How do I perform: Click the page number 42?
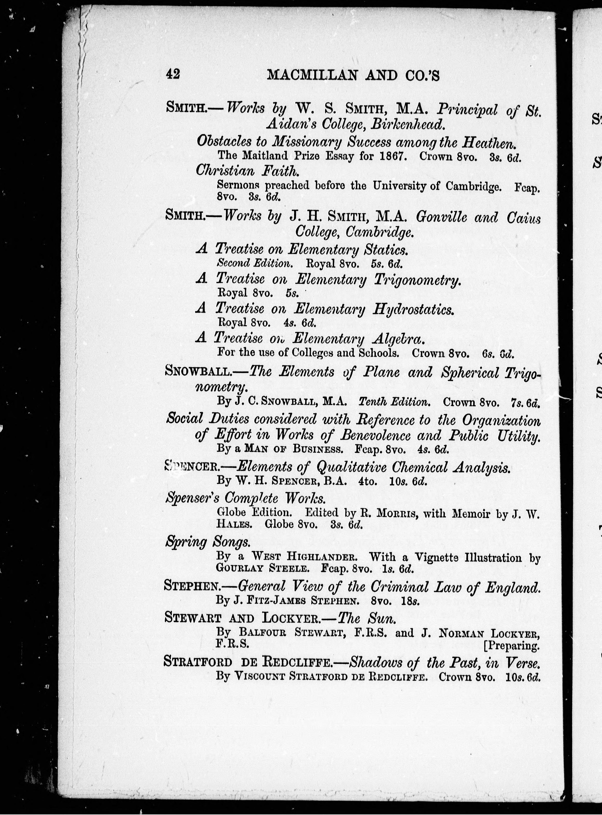pyautogui.click(x=173, y=74)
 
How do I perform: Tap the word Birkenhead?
pyautogui.click(x=408, y=125)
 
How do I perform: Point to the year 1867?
pyautogui.click(x=392, y=156)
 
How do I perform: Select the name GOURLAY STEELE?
pyautogui.click(x=262, y=568)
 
